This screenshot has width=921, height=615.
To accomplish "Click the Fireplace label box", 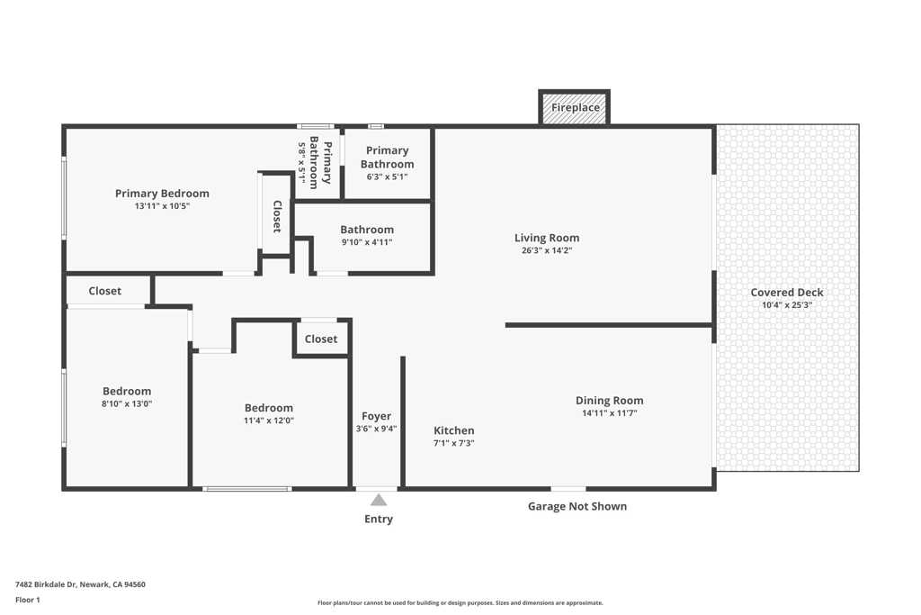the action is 575,107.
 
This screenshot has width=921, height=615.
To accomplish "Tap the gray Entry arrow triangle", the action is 379,500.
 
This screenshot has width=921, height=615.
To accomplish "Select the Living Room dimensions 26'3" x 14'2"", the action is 547,250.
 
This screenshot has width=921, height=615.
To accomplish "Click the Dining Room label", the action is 609,401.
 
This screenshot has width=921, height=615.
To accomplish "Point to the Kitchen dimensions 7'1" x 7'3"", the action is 453,443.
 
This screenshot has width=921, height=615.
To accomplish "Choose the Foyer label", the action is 376,416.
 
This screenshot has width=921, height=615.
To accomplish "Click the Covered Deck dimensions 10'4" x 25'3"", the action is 786,305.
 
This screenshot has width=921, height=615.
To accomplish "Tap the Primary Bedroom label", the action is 162,194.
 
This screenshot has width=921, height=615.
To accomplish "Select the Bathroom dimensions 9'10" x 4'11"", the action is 367,242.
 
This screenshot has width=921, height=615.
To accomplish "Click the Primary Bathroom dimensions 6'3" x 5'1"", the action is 387,177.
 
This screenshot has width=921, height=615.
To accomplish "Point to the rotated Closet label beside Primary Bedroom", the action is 277,216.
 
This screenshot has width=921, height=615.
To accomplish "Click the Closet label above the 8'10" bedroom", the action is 104,291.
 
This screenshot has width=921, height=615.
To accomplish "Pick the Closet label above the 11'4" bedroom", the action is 321,339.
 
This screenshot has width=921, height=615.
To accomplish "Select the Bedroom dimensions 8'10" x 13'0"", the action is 127,404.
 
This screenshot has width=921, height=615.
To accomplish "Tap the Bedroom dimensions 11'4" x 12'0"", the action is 269,421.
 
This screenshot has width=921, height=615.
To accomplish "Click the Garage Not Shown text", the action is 577,506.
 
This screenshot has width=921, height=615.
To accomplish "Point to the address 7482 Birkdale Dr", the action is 46,584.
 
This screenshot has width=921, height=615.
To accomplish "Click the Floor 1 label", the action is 28,600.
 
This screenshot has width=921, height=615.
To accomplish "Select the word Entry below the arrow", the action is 379,520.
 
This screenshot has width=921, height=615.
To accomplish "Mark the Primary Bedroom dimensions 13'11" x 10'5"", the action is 162,206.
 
